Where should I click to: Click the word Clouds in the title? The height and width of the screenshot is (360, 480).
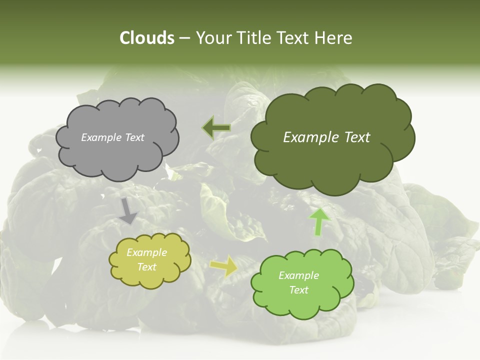click(146, 38)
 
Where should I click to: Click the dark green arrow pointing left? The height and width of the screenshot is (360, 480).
click(216, 127)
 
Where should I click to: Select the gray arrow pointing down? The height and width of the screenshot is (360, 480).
click(128, 211)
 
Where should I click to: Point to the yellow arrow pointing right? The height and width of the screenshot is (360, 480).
click(224, 266)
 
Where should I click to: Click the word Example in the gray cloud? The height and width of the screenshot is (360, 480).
click(101, 137)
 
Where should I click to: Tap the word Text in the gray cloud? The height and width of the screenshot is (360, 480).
click(133, 137)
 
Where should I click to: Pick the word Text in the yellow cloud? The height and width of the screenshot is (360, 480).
click(147, 267)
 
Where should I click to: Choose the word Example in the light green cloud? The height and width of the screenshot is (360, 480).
click(298, 275)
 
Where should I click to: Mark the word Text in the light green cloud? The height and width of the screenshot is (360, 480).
click(298, 290)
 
